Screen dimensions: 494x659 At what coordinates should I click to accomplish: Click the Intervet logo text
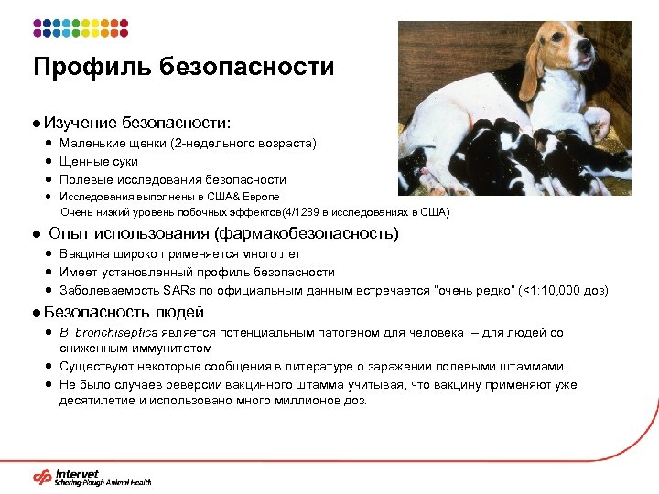pos(77,473)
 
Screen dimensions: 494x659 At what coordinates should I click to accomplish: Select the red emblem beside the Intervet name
pos(42,477)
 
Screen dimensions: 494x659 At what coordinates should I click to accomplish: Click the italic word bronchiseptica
pos(120,334)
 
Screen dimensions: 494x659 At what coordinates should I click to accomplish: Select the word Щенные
pos(83,162)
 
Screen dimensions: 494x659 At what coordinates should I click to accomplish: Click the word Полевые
pos(85,180)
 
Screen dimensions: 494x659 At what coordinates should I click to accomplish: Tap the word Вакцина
pos(85,254)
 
